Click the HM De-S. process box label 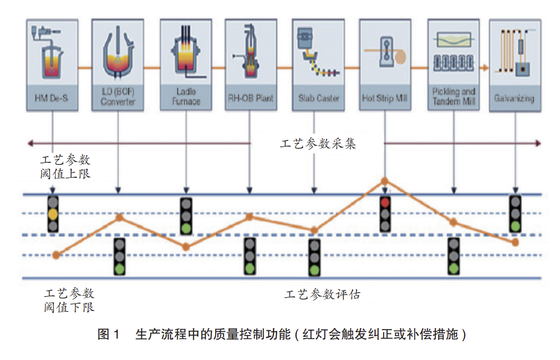tap(52, 98)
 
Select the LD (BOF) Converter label tap(118, 98)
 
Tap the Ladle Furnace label tap(186, 98)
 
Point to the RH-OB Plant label tap(251, 98)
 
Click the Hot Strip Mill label tap(385, 98)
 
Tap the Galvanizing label tap(514, 98)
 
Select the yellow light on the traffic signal tap(52, 214)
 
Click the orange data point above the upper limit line tap(385, 181)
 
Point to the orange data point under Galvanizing tap(516, 242)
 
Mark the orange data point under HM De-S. tap(56, 255)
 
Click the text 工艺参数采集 tap(317, 144)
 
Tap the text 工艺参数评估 tap(322, 294)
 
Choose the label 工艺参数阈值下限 tap(69, 300)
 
